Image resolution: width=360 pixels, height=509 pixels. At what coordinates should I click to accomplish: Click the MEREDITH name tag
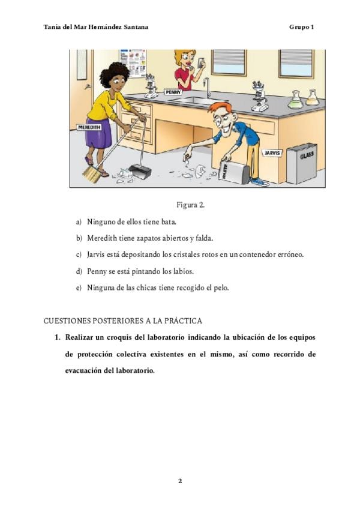[x=89, y=127]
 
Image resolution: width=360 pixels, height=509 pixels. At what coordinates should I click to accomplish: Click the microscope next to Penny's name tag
[x=151, y=86]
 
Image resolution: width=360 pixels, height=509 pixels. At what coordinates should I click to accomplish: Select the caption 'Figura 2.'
[x=190, y=205]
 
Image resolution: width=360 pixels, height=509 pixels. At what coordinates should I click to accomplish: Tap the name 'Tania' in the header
[x=53, y=27]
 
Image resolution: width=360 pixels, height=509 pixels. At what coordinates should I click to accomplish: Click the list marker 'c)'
[x=79, y=254]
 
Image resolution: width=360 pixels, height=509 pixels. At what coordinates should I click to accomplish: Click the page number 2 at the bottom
[x=179, y=481]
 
